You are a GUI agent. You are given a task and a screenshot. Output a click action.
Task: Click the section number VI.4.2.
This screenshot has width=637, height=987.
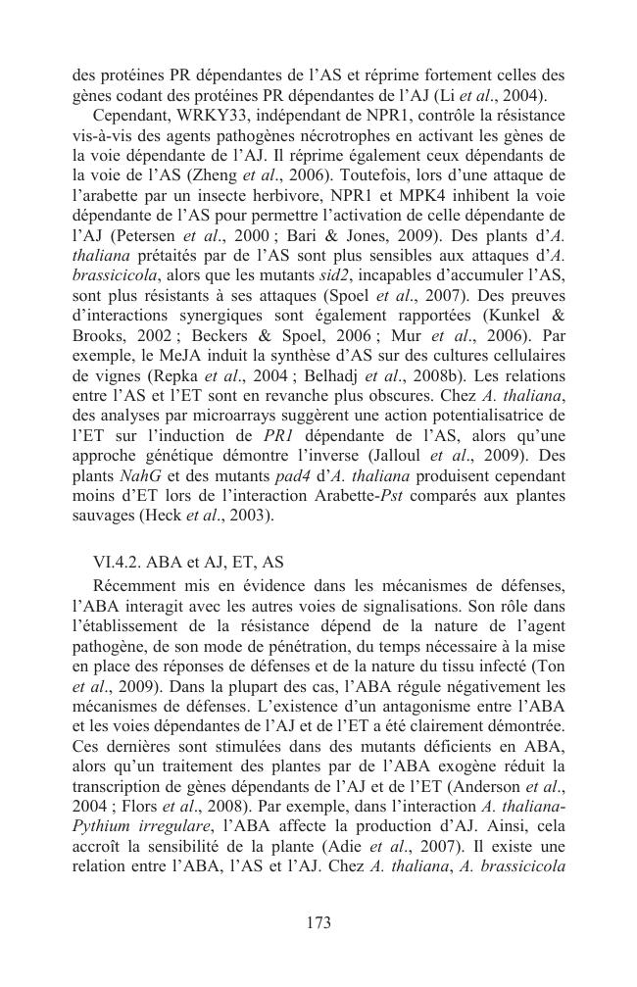coord(122,563)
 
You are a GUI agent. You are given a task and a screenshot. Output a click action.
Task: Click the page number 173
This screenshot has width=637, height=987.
coord(318,922)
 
